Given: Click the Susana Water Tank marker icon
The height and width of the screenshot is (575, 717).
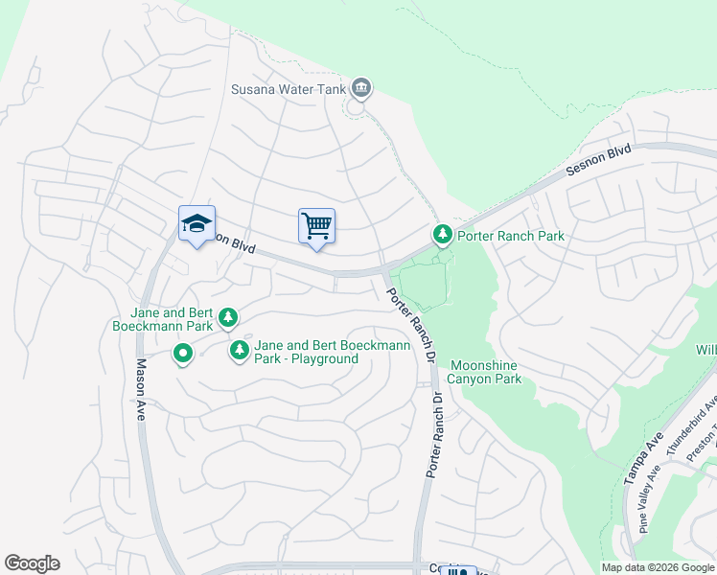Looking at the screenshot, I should [x=361, y=89].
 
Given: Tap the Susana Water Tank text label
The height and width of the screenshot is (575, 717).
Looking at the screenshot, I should [x=289, y=90].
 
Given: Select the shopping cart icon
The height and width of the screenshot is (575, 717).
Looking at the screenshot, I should [x=316, y=226].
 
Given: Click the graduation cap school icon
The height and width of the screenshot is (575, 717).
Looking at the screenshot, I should [x=197, y=223].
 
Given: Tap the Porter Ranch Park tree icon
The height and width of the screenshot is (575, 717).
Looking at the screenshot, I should [x=442, y=234].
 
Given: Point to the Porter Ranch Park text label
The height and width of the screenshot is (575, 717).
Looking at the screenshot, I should [x=510, y=235].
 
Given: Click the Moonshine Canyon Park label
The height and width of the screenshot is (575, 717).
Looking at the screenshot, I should [x=485, y=372].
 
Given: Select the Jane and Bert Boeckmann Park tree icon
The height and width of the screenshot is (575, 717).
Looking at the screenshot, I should [x=228, y=316].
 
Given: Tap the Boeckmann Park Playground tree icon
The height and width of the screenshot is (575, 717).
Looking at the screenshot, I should [x=239, y=351].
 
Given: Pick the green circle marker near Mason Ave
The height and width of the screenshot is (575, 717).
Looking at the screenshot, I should [x=182, y=355].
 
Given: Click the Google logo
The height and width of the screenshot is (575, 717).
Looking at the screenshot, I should [x=32, y=563].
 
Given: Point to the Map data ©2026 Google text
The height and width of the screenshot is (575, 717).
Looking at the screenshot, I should [x=659, y=567].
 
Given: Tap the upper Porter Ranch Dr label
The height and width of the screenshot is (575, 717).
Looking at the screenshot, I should [x=411, y=327].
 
